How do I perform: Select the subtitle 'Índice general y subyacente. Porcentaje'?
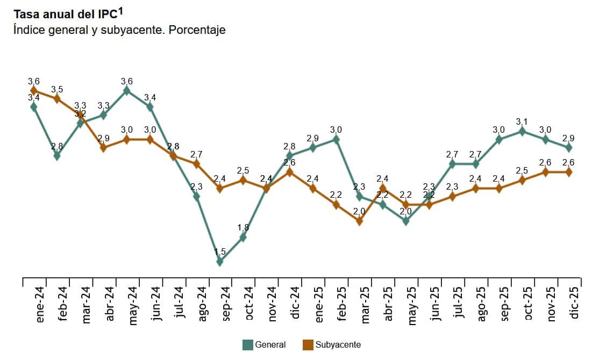coord(119,30)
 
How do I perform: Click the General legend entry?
coord(264,344)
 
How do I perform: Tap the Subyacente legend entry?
coord(332,344)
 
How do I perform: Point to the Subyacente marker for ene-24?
coord(34,90)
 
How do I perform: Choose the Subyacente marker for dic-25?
coord(568,172)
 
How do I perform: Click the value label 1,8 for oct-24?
coord(243,227)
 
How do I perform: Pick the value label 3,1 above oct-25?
coord(522,121)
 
